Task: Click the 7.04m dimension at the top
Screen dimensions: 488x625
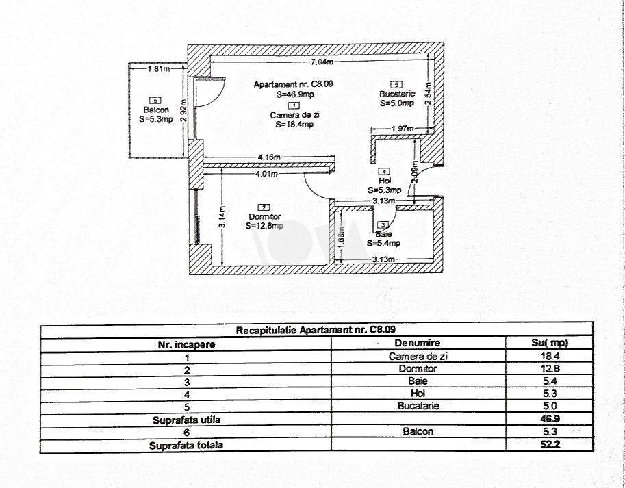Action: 322,62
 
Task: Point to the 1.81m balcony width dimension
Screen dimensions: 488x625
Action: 157,68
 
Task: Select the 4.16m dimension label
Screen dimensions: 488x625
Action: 269,157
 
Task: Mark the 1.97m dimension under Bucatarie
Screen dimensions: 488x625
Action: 402,129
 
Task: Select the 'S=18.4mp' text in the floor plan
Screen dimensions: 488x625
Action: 294,125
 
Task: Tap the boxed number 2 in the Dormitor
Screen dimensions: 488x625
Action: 264,207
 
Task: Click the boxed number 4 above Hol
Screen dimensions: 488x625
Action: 384,172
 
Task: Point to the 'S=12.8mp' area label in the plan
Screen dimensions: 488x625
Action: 264,225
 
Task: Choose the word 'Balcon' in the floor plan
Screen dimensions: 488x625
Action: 155,110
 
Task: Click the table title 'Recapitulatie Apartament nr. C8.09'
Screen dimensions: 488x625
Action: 315,330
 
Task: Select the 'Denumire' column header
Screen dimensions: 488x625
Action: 417,343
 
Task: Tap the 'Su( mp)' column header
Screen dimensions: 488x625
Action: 548,343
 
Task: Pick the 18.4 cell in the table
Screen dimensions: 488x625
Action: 548,356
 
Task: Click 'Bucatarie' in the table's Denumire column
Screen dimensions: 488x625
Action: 417,406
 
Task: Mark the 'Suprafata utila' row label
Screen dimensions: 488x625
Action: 186,419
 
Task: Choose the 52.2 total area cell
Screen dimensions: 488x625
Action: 548,444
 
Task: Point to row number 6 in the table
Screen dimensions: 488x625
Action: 186,431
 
